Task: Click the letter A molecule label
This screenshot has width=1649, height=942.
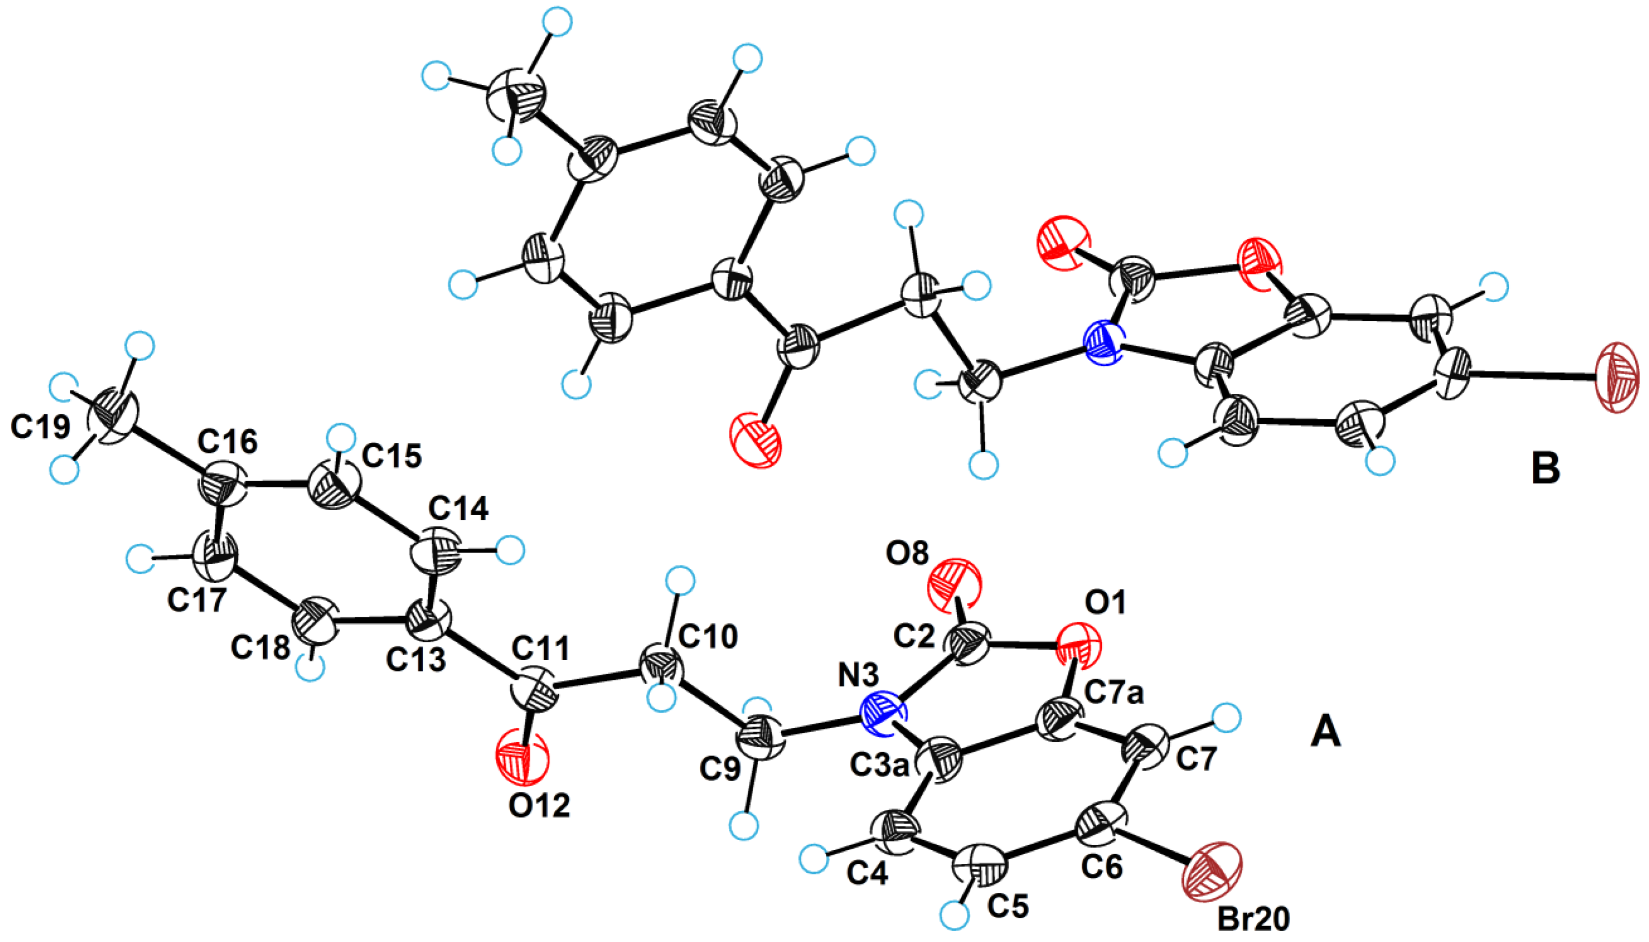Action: (1326, 732)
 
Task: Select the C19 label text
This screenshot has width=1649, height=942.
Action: (40, 427)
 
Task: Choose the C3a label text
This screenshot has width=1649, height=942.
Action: (879, 766)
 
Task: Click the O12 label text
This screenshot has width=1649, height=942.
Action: (539, 806)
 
